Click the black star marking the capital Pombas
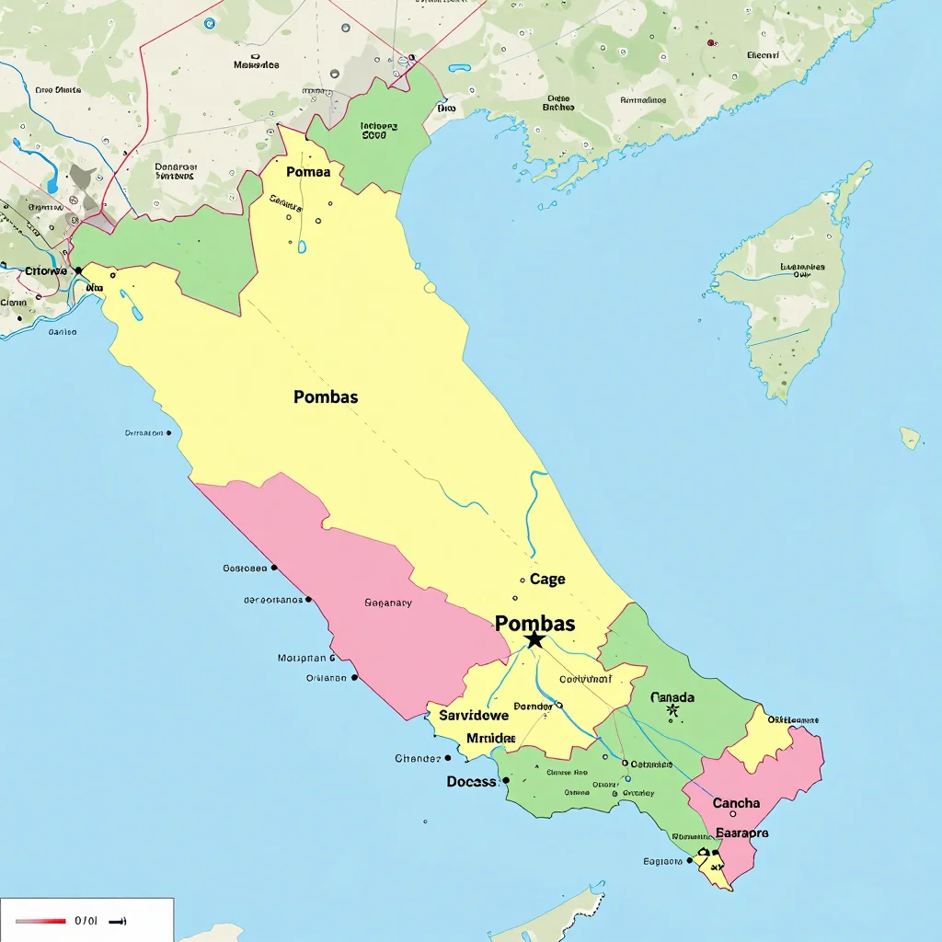click(534, 639)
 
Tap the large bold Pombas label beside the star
click(535, 624)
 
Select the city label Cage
click(547, 580)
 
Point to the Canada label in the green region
click(672, 697)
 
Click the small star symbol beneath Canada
click(672, 711)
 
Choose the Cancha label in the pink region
click(737, 803)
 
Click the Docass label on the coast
click(472, 781)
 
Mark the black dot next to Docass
click(505, 780)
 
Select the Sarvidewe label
click(474, 715)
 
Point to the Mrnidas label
click(491, 738)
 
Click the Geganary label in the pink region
click(388, 603)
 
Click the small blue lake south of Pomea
click(302, 247)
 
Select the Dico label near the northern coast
click(446, 108)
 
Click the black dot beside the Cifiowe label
click(78, 270)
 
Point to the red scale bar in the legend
click(40, 920)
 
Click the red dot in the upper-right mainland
click(711, 42)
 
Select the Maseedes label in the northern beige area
click(257, 65)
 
